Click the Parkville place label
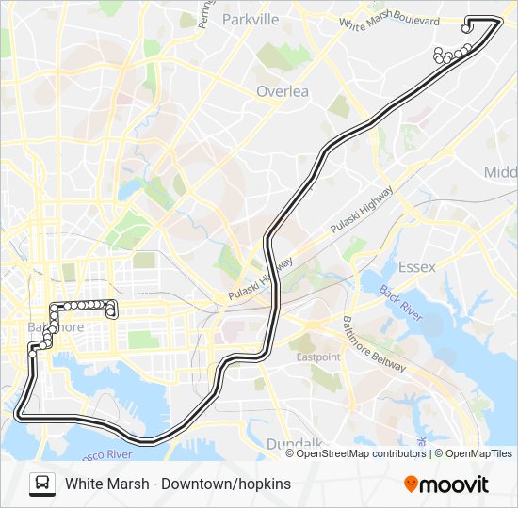coord(251,19)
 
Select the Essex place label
coord(416,267)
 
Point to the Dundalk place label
coord(294,443)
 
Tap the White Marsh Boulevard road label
coord(389,21)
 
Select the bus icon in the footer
coord(41,484)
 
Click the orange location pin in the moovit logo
coord(411,484)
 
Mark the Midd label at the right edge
coord(501,172)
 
